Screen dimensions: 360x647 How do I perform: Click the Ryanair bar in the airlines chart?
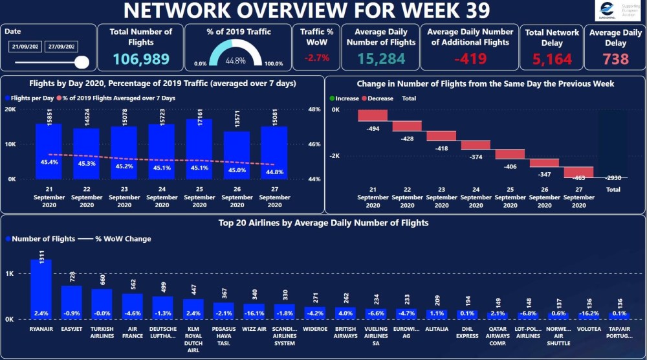coord(41,289)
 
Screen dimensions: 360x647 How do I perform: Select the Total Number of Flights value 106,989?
coord(141,59)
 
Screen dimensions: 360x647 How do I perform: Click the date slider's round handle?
coord(82,62)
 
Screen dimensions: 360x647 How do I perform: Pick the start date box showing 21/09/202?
coord(26,47)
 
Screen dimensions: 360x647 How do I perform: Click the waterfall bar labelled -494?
coord(373,115)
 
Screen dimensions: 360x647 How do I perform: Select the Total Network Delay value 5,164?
coord(552,60)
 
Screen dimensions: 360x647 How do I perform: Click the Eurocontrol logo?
coord(617,11)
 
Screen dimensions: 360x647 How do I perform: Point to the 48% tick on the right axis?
coord(314,109)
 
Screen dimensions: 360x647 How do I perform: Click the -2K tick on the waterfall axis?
coord(334,156)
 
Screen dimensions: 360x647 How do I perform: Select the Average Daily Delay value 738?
coord(615,59)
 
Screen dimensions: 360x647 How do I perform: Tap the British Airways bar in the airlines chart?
coord(345,313)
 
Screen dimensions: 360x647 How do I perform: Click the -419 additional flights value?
coord(470,59)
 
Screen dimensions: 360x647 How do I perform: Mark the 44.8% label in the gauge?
coord(236,60)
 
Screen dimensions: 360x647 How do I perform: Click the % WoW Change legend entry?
coord(118,239)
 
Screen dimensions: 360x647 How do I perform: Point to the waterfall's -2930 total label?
coord(613,178)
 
